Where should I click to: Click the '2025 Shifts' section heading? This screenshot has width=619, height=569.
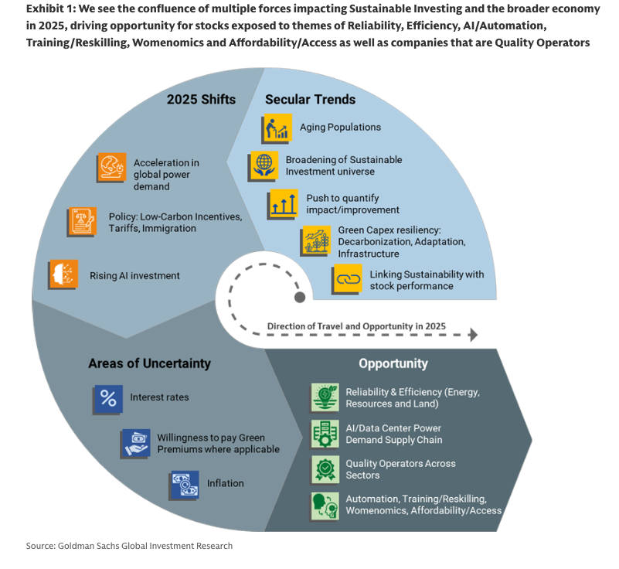[201, 100]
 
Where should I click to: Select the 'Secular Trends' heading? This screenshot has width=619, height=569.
[310, 100]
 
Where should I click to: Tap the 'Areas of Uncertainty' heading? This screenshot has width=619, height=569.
[149, 363]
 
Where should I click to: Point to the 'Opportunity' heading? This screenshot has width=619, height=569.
[393, 363]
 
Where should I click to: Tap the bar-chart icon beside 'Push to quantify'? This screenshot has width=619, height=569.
[283, 204]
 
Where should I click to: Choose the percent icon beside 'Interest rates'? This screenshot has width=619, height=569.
[108, 398]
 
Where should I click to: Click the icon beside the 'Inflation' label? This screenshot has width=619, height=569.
[184, 485]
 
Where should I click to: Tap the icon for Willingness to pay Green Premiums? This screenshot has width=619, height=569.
[136, 444]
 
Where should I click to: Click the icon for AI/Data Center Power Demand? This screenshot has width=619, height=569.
[324, 434]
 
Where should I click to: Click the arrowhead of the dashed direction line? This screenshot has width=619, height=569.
[472, 335]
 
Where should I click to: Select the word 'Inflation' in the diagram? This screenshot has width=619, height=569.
[226, 484]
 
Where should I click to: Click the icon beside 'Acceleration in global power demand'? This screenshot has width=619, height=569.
[111, 169]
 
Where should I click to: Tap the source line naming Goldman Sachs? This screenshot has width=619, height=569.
[129, 547]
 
